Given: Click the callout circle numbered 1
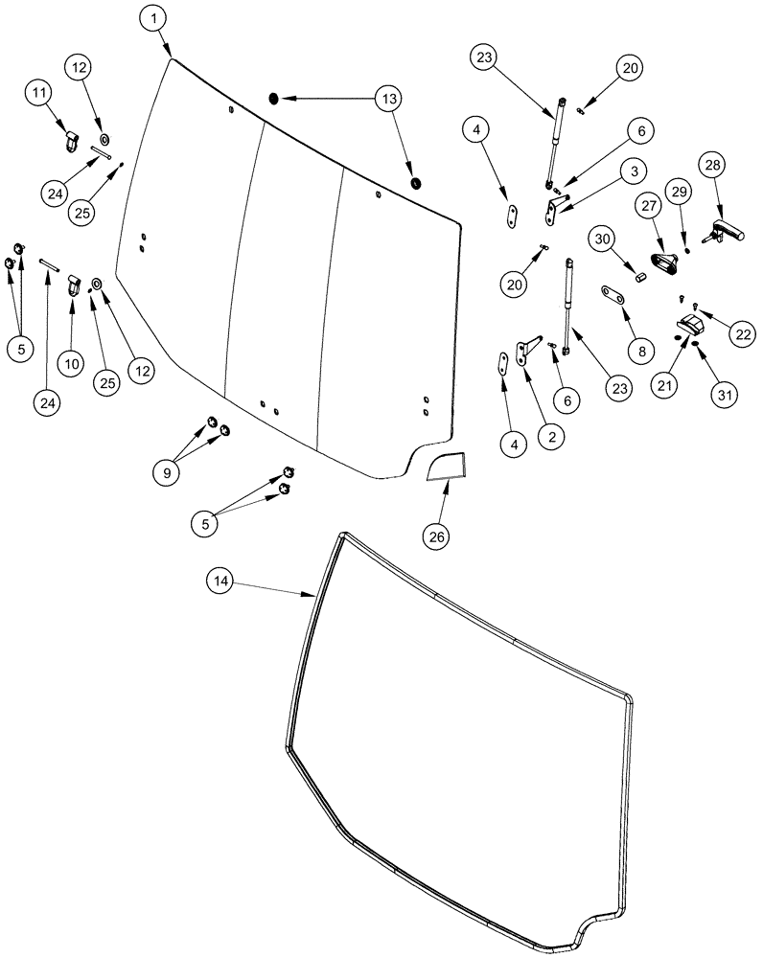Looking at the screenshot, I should [153, 18].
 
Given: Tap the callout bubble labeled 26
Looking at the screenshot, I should [437, 536].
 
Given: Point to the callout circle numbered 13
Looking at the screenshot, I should [390, 98].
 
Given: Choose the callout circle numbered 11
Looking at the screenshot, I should [40, 94].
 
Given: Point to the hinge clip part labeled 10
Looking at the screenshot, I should [73, 285].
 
